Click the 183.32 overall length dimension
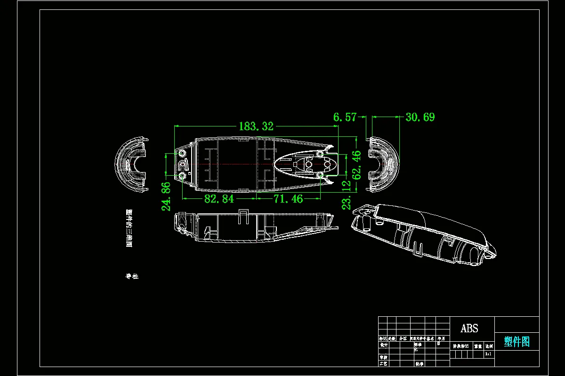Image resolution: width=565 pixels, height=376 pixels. click(x=256, y=126)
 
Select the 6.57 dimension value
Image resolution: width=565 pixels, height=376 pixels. click(x=345, y=117)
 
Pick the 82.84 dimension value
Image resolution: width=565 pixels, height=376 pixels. click(x=219, y=199)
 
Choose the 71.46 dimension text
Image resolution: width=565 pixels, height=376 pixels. click(x=288, y=199)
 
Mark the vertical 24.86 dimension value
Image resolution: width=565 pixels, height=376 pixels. click(x=166, y=196)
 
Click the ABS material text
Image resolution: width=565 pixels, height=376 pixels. click(x=469, y=329)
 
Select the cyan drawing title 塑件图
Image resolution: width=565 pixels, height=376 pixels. click(x=517, y=342)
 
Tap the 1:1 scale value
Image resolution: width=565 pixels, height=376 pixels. click(x=488, y=353)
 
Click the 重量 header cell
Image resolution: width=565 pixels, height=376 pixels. click(x=477, y=346)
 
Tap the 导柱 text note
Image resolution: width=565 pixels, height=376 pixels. click(x=132, y=276)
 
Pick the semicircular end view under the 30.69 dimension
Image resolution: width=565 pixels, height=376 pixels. click(x=383, y=164)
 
